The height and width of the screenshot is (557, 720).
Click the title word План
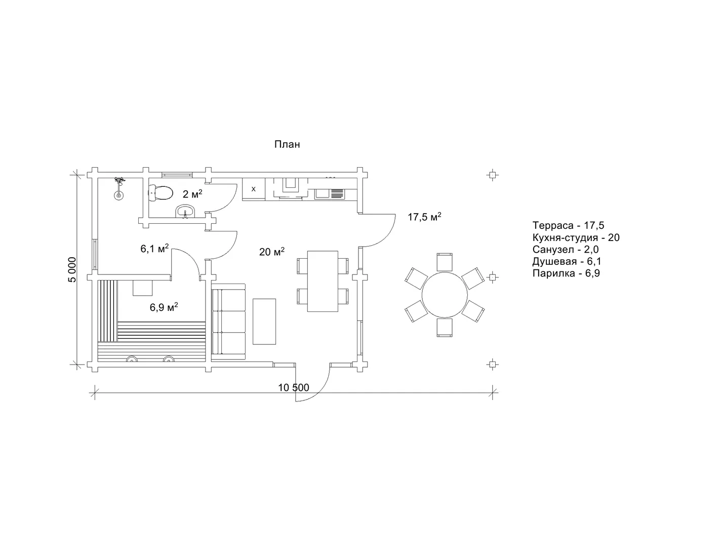[287, 144]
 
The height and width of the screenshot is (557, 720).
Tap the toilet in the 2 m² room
[161, 193]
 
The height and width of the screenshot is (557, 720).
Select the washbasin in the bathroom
[185, 211]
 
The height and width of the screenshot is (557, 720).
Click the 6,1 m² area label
[154, 248]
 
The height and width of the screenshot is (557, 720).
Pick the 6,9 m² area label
[164, 307]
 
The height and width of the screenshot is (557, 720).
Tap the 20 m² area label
[272, 252]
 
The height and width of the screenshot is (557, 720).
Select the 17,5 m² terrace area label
[424, 217]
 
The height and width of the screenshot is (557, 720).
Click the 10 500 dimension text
[293, 387]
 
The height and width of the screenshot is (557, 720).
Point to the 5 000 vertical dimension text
[72, 269]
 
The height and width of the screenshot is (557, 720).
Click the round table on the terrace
[445, 295]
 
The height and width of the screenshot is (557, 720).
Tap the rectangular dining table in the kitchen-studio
[323, 281]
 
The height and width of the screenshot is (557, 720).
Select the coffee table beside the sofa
[264, 322]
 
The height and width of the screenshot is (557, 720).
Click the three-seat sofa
[228, 322]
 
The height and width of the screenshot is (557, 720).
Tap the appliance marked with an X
[254, 189]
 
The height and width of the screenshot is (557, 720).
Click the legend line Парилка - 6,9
[566, 273]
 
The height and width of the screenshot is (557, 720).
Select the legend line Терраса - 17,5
[568, 225]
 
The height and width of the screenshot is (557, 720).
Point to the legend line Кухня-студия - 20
[576, 237]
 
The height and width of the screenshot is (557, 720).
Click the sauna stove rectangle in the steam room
[142, 288]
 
